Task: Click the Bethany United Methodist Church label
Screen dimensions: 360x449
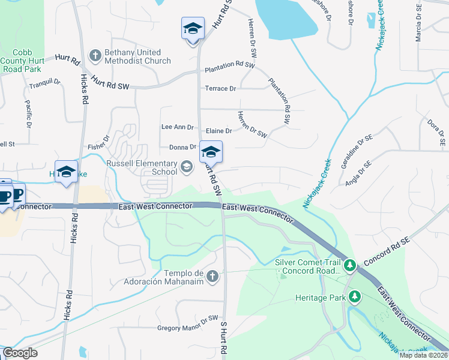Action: (137, 56)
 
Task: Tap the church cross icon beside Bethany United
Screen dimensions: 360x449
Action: (95, 56)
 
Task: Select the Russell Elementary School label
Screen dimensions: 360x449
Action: (142, 167)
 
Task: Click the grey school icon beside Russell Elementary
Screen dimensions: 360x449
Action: (187, 167)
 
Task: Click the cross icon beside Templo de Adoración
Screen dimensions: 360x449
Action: (212, 276)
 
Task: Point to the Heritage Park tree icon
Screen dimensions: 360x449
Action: (355, 296)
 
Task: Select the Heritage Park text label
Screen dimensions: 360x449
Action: (320, 298)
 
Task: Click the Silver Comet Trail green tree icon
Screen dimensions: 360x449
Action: (350, 265)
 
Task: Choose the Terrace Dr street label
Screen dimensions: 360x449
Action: (221, 89)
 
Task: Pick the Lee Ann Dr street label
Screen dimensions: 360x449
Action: (178, 127)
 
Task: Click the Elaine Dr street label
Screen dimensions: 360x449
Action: (219, 131)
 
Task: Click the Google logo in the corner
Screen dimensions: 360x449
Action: (20, 353)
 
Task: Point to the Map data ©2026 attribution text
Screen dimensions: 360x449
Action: (423, 355)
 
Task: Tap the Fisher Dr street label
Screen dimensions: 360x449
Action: (98, 143)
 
